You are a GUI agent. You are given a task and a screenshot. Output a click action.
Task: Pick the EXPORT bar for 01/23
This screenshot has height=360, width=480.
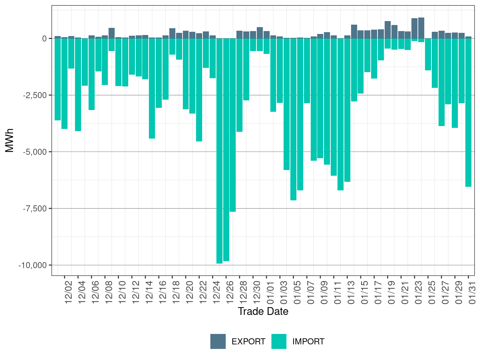pyautogui.click(x=414, y=28)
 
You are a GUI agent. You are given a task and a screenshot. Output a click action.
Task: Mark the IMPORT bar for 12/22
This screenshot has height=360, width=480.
pyautogui.click(x=199, y=90)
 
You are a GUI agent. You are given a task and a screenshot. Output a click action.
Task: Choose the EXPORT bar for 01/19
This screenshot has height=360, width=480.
pyautogui.click(x=387, y=30)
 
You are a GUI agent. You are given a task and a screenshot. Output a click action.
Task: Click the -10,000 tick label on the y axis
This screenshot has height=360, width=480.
pyautogui.click(x=32, y=265)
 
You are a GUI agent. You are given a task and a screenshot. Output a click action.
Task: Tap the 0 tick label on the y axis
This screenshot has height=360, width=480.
pyautogui.click(x=44, y=39)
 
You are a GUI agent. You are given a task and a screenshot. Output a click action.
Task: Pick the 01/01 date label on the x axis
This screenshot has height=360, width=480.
pyautogui.click(x=270, y=292)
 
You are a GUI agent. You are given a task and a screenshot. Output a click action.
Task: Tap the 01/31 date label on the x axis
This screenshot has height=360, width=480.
pyautogui.click(x=472, y=292)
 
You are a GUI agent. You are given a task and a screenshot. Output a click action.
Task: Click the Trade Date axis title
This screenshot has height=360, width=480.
pyautogui.click(x=263, y=311)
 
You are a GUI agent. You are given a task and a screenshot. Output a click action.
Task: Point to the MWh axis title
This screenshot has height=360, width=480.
pyautogui.click(x=10, y=140)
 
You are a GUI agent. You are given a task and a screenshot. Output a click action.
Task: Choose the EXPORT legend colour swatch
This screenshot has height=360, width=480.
pyautogui.click(x=218, y=341)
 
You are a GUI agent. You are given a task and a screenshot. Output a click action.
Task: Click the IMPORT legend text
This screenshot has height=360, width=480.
pyautogui.click(x=308, y=342)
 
